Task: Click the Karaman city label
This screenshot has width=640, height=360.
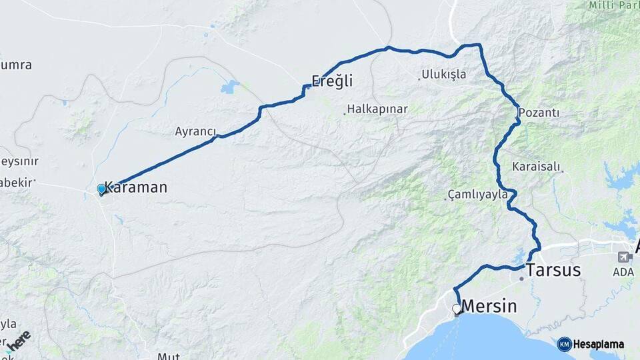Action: pyautogui.click(x=136, y=187)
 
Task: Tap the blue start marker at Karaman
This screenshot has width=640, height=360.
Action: pyautogui.click(x=101, y=189)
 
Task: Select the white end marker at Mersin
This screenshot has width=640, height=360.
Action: pyautogui.click(x=457, y=309)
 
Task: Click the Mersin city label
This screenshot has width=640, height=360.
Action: pyautogui.click(x=489, y=307)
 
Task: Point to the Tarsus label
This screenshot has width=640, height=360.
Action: pyautogui.click(x=553, y=271)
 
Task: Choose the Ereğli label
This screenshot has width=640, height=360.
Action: pyautogui.click(x=332, y=81)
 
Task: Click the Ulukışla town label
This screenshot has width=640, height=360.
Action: pyautogui.click(x=444, y=75)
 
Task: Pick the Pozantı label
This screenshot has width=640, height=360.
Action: pyautogui.click(x=539, y=112)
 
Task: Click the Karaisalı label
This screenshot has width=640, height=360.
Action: pyautogui.click(x=537, y=167)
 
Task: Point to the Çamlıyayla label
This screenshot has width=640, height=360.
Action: pyautogui.click(x=477, y=195)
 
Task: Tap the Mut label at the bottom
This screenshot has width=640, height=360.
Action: pyautogui.click(x=168, y=356)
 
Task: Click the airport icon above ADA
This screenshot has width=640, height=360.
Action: pyautogui.click(x=625, y=257)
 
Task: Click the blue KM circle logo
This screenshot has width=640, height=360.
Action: pyautogui.click(x=565, y=344)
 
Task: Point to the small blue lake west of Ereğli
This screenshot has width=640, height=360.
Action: pyautogui.click(x=230, y=87)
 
